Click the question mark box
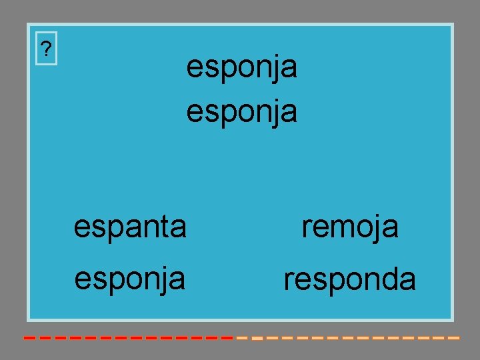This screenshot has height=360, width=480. tap(45, 49)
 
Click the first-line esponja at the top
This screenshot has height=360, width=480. tap(241, 67)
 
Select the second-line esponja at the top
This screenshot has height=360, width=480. tap(241, 111)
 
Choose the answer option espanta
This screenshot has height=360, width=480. tap(130, 227)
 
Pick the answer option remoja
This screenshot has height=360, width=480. tap(350, 227)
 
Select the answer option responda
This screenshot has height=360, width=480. tap(350, 279)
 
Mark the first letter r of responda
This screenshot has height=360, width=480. tap(289, 280)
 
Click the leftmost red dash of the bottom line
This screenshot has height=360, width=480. tap(29, 338)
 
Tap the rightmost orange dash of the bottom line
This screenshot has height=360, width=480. tap(454, 338)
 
